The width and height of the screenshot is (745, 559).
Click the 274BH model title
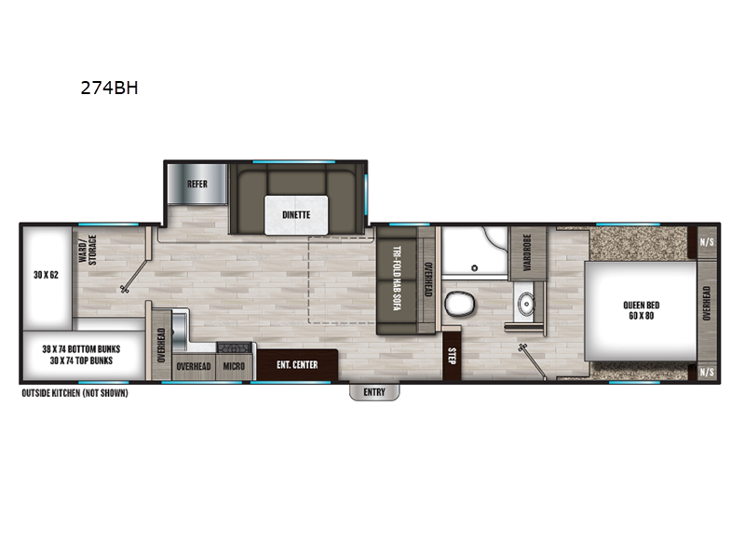109,88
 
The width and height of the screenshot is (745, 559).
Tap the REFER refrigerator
197,184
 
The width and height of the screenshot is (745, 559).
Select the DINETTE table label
296,215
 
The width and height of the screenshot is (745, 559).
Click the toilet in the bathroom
459,304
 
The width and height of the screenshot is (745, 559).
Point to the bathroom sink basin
526,304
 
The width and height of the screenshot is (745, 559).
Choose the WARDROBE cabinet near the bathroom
527,252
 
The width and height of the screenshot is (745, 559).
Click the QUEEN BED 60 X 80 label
641,310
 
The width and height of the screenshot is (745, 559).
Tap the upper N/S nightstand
707,242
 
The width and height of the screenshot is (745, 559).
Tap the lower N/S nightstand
707,372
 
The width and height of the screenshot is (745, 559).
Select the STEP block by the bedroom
452,356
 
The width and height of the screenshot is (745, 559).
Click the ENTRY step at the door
374,392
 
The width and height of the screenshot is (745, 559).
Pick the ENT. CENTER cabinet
297,364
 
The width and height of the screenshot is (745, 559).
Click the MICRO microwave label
234,366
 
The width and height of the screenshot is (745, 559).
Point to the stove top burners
235,348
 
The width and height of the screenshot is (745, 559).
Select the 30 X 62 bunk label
46,275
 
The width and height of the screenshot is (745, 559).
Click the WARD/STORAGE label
88,249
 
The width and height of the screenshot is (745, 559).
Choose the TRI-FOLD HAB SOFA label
397,279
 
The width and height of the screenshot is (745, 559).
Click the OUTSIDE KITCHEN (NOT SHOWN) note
74,393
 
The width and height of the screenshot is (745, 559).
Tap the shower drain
474,268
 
